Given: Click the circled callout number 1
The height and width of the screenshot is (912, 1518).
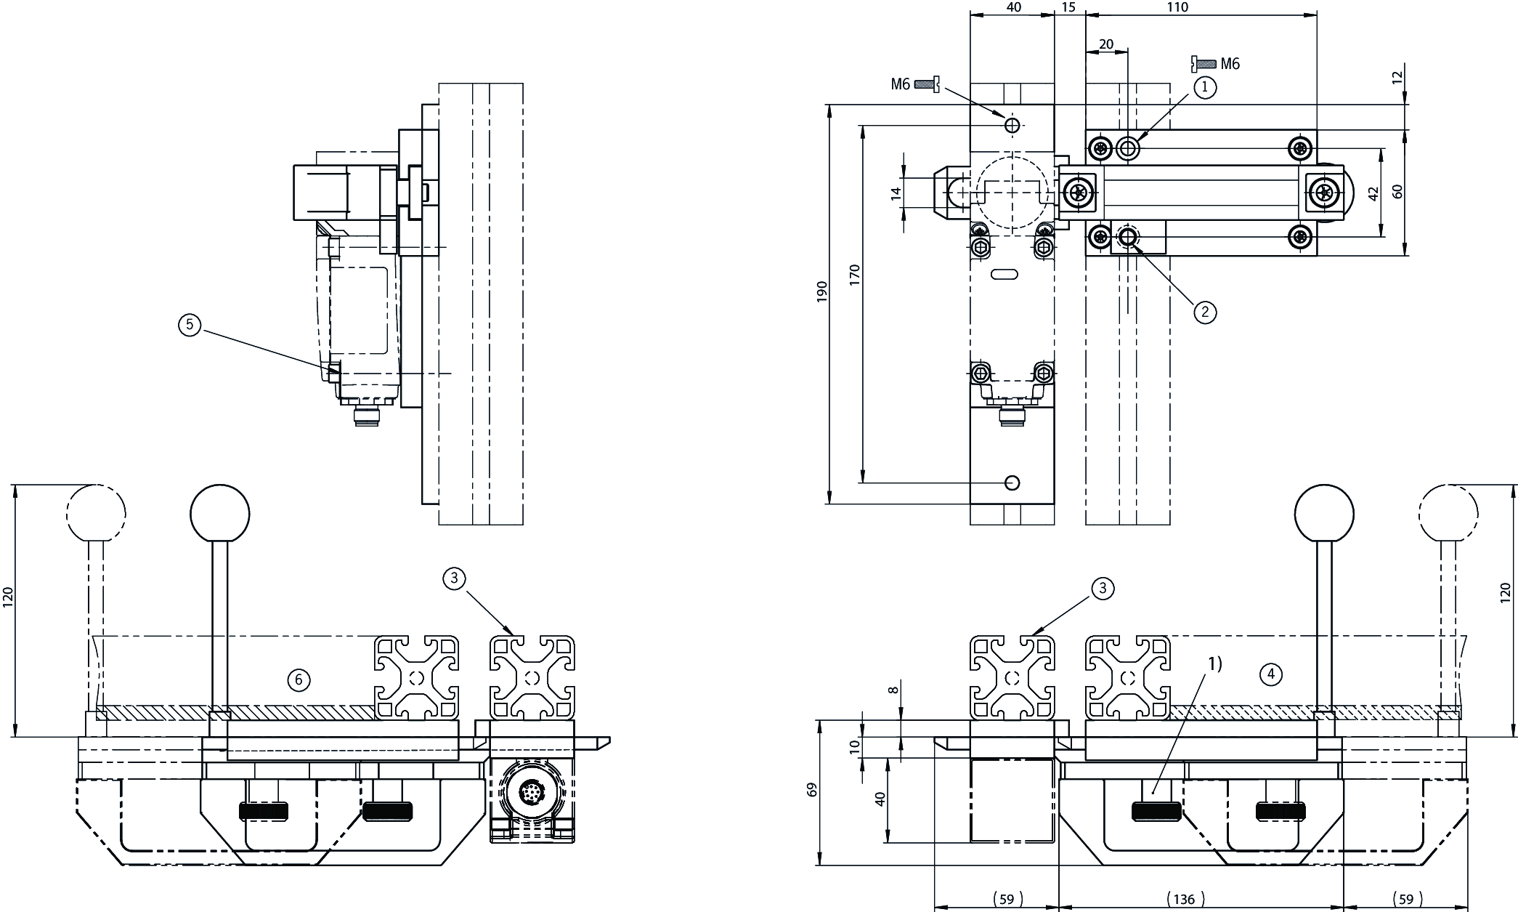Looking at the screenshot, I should (x=1205, y=88).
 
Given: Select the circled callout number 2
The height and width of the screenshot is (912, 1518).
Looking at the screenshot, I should (x=1205, y=312).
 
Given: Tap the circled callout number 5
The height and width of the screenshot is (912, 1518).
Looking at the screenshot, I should (x=190, y=325).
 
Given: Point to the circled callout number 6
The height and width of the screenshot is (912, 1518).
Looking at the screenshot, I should (x=299, y=680).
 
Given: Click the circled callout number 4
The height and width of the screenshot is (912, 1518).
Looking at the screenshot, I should (x=1270, y=675).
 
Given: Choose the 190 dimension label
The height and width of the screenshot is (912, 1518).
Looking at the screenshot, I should (x=821, y=291).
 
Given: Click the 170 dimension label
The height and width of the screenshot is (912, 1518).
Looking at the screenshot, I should (x=854, y=274).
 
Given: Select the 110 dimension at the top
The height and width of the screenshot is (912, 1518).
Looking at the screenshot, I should (x=1177, y=7).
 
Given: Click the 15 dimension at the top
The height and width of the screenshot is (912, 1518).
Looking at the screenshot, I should (x=1068, y=7).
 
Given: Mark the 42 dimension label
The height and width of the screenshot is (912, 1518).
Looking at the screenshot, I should (x=1372, y=194).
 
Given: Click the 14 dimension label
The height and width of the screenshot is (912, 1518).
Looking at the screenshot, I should (x=896, y=193).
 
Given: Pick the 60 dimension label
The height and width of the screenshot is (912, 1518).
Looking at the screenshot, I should (x=1397, y=191).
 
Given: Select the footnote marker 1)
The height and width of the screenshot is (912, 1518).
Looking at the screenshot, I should (x=1215, y=663).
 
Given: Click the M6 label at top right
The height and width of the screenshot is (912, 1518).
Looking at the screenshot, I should (x=1230, y=64).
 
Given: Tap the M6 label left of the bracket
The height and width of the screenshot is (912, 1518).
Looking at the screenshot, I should (x=900, y=84).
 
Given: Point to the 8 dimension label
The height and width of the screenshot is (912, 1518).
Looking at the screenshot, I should (x=894, y=690).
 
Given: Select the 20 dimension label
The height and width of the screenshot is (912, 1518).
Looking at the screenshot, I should (x=1105, y=44).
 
